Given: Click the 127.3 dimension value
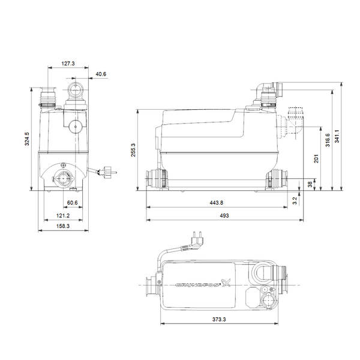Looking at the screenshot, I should tap(68, 62).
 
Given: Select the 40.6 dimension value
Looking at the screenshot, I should tap(101, 74).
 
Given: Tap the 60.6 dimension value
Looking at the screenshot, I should tap(73, 203).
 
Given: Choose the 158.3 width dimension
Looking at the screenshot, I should tap(64, 227).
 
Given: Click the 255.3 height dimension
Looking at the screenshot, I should tap(133, 150).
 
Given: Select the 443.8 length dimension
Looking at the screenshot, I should tap(217, 202).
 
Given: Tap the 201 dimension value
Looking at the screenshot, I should tap(316, 158).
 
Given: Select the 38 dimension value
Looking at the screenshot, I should tap(310, 184).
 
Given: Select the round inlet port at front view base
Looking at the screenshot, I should tap(63, 178).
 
